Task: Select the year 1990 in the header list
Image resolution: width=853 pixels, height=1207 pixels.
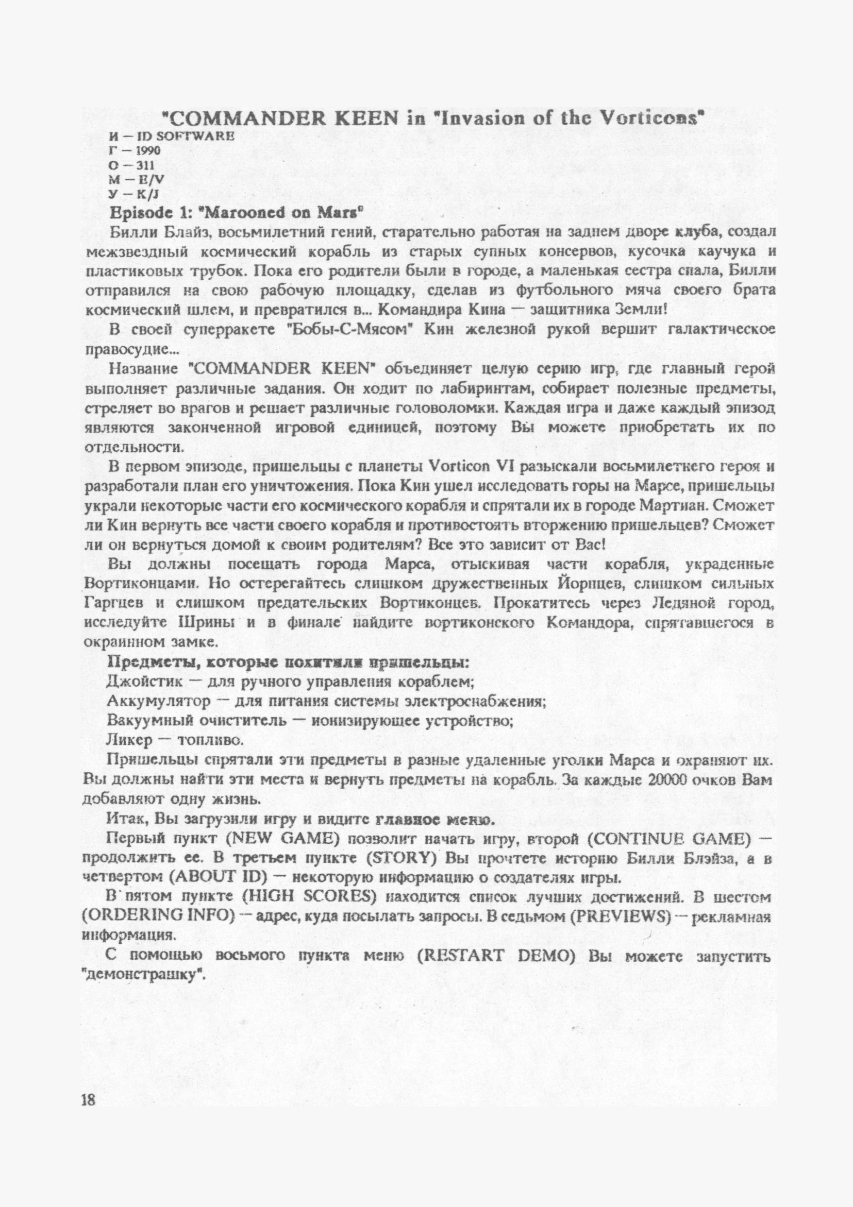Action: [142, 151]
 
